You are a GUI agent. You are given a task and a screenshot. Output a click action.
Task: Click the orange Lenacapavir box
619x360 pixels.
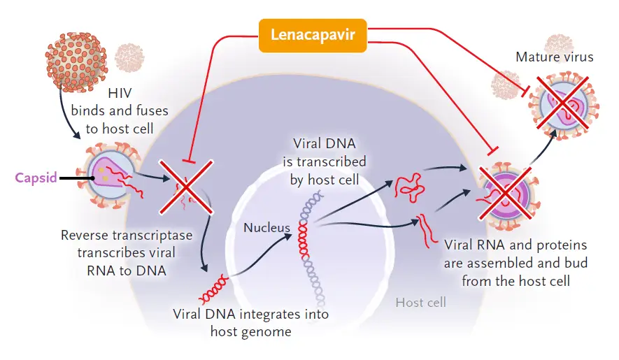(x=313, y=36)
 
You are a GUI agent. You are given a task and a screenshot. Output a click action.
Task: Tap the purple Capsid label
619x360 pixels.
(x=36, y=178)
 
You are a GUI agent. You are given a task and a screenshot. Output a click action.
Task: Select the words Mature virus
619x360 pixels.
(x=554, y=57)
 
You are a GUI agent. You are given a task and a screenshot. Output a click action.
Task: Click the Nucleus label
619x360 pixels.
(x=267, y=228)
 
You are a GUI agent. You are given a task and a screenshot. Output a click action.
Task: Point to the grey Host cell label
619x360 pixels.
(x=421, y=303)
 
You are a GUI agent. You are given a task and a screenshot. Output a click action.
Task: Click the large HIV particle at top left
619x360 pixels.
(x=76, y=62)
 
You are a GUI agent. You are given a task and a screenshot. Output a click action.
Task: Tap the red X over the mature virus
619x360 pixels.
(x=562, y=103)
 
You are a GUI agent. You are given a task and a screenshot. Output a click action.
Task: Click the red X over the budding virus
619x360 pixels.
(x=505, y=193)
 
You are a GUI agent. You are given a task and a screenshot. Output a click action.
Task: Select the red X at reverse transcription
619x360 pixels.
(x=186, y=187)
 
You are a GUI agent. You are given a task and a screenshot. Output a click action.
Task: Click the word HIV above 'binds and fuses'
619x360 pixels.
(x=120, y=93)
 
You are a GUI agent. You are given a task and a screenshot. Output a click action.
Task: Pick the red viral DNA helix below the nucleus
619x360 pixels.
(x=213, y=289)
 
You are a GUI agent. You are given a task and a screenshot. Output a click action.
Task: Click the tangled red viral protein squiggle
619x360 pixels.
(x=409, y=187)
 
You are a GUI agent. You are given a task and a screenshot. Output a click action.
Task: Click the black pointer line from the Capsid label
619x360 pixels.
(x=76, y=178)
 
